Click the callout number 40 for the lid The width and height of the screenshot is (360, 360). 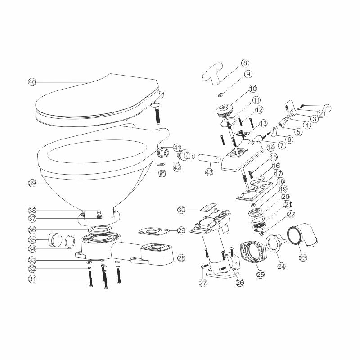pyautogui.click(x=31, y=82)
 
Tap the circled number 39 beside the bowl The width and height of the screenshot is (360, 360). pyautogui.click(x=31, y=183)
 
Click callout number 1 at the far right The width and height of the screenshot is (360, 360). pyautogui.click(x=328, y=108)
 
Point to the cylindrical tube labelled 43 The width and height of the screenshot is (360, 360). pyautogui.click(x=209, y=160)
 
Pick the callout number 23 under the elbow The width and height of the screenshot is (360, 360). pyautogui.click(x=302, y=258)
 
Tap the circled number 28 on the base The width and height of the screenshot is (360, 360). pyautogui.click(x=181, y=258)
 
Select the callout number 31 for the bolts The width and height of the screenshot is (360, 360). pyautogui.click(x=31, y=279)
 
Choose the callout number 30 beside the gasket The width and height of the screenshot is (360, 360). pyautogui.click(x=181, y=210)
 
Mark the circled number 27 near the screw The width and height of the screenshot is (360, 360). pyautogui.click(x=202, y=283)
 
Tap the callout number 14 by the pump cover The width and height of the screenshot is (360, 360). pyautogui.click(x=270, y=147)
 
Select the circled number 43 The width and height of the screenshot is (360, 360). pyautogui.click(x=209, y=172)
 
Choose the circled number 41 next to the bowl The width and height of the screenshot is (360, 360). pyautogui.click(x=177, y=147)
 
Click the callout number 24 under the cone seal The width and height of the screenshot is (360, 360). pyautogui.click(x=281, y=266)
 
